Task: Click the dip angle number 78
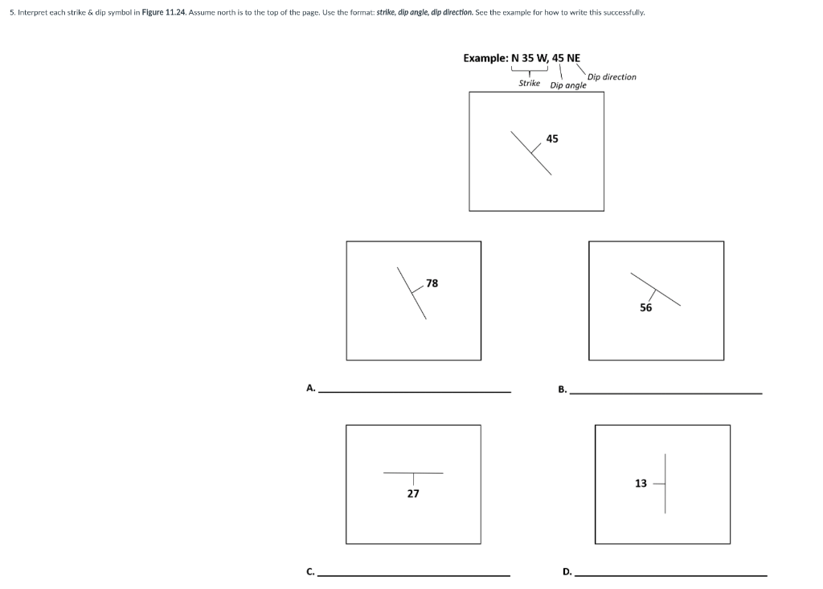pos(432,283)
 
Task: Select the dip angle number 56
pos(646,307)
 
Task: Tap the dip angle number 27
pos(413,493)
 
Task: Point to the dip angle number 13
pos(641,484)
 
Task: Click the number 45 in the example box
pos(552,139)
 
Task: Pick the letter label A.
pos(310,388)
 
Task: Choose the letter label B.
pos(563,390)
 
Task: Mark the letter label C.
pos(309,572)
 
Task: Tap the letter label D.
pos(567,572)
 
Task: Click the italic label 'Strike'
pos(529,83)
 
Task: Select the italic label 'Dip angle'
pos(568,85)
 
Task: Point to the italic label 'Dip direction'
pos(612,77)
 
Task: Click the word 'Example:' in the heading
pos(485,58)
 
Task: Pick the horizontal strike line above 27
pos(413,472)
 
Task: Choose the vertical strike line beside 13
pos(665,483)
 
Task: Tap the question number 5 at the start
pos(11,13)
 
